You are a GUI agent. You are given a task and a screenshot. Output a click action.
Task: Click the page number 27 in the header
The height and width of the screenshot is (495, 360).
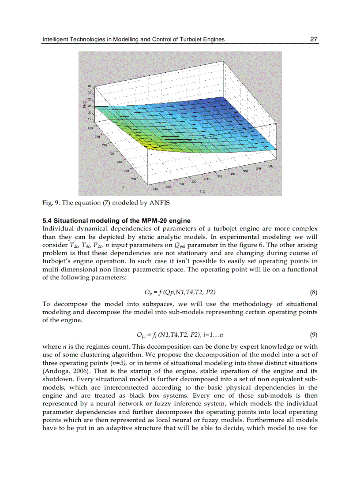(314, 39)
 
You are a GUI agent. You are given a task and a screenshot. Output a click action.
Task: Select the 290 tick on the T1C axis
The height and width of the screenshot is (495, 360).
(155, 189)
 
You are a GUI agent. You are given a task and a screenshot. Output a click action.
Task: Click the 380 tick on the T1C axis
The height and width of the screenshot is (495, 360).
(271, 166)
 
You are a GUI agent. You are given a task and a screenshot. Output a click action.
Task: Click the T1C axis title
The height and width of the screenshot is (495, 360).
(202, 192)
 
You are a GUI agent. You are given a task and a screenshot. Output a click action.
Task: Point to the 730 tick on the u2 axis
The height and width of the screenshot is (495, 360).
(112, 153)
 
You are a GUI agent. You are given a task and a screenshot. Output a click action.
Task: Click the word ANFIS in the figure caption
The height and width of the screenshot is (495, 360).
(160, 203)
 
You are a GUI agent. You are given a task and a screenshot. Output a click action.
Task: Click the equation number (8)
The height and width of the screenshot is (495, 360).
(313, 292)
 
